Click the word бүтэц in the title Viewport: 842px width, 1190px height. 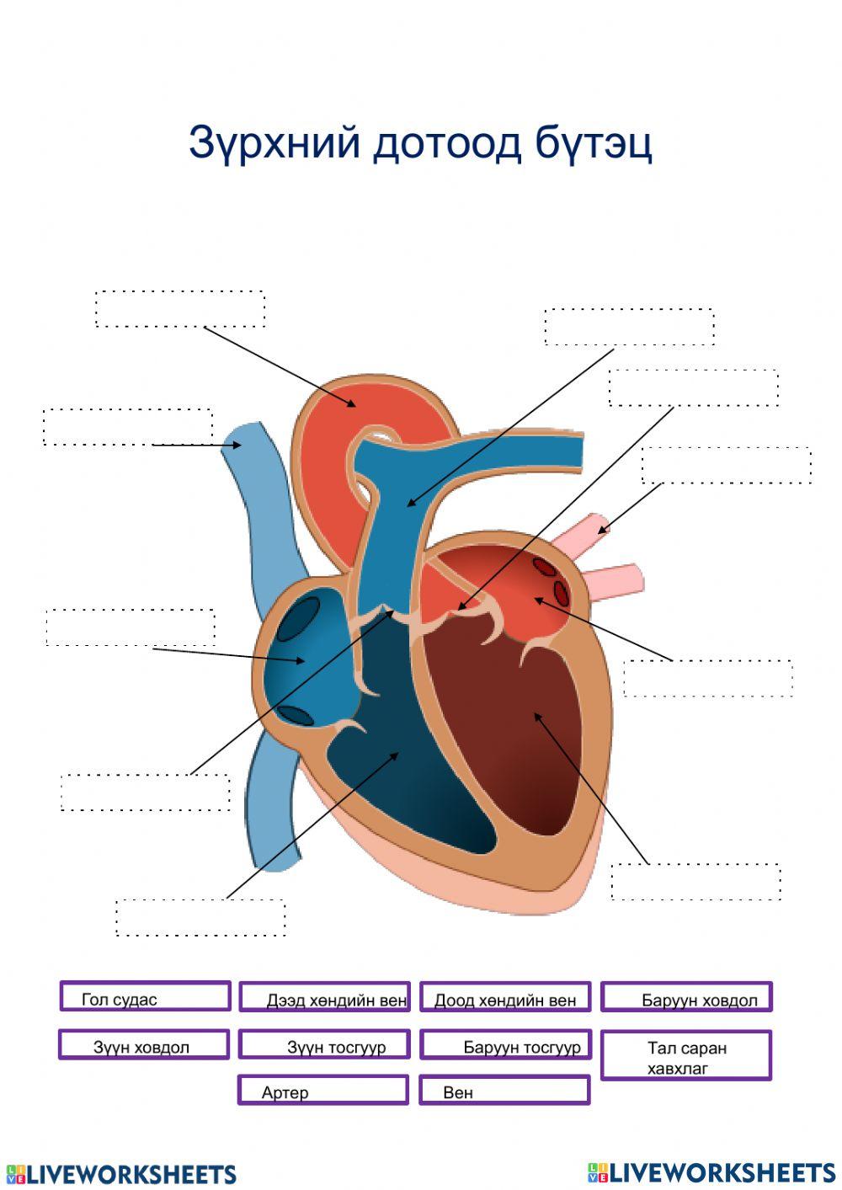click(x=593, y=144)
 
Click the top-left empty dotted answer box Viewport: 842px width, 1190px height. click(x=180, y=308)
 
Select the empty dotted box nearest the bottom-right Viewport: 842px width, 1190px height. click(x=695, y=882)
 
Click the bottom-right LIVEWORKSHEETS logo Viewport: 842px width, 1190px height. click(x=711, y=1172)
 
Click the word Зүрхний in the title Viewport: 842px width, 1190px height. click(x=274, y=144)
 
